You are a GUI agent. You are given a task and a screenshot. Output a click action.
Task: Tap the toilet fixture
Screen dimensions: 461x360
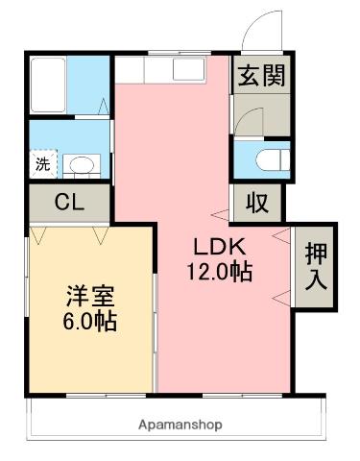(x=272, y=158)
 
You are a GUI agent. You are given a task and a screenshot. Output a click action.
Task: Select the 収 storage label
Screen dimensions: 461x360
(x=256, y=202)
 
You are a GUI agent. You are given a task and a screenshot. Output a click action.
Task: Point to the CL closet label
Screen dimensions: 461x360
(x=66, y=203)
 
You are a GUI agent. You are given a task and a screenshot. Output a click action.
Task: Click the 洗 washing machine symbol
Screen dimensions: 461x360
(x=44, y=163)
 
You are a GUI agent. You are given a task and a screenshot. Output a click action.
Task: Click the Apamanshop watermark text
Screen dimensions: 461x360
(x=180, y=424)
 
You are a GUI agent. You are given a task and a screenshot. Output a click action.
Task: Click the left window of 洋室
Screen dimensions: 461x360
(x=28, y=307)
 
